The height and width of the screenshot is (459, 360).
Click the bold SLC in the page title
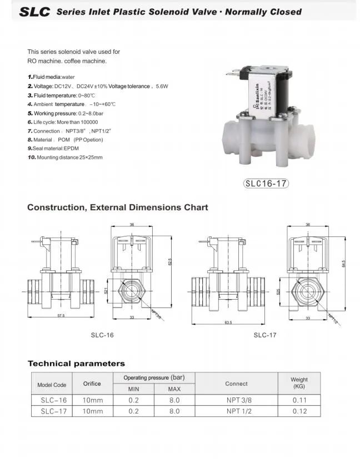[35, 12]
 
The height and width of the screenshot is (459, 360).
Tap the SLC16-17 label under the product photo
[267, 184]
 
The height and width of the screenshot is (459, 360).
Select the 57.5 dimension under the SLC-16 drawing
[61, 315]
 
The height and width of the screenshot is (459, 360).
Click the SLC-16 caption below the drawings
[102, 335]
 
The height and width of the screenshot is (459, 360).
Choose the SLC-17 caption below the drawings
[265, 335]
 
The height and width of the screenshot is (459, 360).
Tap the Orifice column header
[92, 384]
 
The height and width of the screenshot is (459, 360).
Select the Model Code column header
[52, 385]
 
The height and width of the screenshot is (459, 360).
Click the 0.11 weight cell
[299, 400]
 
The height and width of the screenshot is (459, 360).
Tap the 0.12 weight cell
[299, 411]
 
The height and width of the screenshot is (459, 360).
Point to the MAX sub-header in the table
[174, 389]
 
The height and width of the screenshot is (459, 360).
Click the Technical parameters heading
[76, 364]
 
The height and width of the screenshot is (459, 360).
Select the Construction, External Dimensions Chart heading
[118, 208]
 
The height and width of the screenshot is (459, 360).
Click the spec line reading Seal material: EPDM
[53, 149]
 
